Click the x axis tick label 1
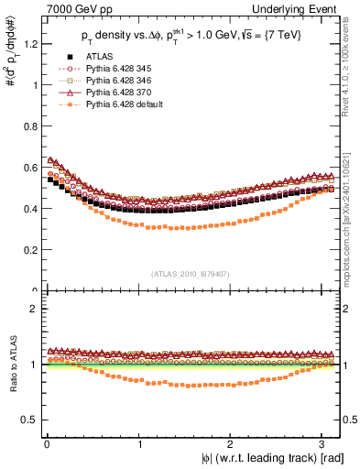[x=140, y=442]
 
